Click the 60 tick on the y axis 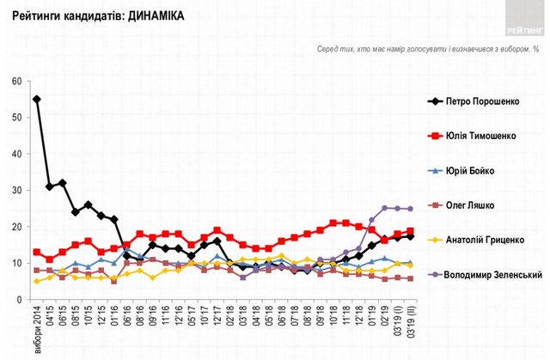tap(15, 82)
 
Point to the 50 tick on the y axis tap(15, 118)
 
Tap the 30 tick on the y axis tap(15, 191)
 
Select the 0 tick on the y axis tap(17, 300)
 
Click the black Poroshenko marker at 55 tap(36, 100)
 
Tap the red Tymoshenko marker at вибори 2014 tap(36, 253)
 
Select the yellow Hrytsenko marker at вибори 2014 tap(36, 281)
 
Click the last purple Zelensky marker tap(410, 209)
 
